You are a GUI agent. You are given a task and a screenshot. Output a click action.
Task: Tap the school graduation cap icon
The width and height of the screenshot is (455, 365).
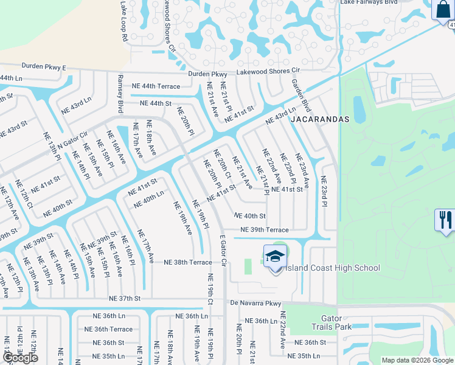275,257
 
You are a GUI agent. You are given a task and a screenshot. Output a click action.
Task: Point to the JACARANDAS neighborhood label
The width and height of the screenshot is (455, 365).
319,120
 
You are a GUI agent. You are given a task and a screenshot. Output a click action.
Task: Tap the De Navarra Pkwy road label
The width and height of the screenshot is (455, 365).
256,302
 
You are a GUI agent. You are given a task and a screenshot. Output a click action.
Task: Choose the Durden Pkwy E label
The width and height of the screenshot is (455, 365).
43,66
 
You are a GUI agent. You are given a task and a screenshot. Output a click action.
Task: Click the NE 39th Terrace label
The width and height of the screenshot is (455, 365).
264,230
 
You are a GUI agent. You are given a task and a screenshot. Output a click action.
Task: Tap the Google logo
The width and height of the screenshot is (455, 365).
20,358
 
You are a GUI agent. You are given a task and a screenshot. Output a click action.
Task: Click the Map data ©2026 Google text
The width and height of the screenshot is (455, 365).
417,360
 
